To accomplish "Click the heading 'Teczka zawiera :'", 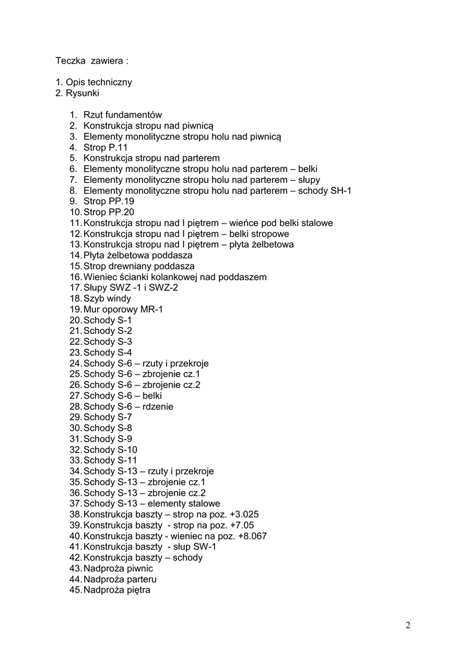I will (91, 61).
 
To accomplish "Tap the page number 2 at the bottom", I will (408, 625).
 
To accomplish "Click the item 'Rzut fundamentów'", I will (122, 115).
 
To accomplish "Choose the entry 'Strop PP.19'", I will (109, 201).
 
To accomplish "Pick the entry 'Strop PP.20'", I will (109, 212).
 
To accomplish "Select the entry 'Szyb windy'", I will (107, 299).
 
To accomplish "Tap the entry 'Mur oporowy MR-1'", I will (123, 310).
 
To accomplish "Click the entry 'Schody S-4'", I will (107, 353).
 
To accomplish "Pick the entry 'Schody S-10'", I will (110, 450).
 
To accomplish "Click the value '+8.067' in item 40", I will (252, 536).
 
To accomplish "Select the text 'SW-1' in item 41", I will (205, 547).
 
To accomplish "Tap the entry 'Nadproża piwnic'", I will (118, 569).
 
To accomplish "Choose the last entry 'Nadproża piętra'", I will (116, 590).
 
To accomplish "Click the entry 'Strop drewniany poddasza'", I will (139, 266).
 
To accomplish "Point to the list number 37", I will (75, 504).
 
